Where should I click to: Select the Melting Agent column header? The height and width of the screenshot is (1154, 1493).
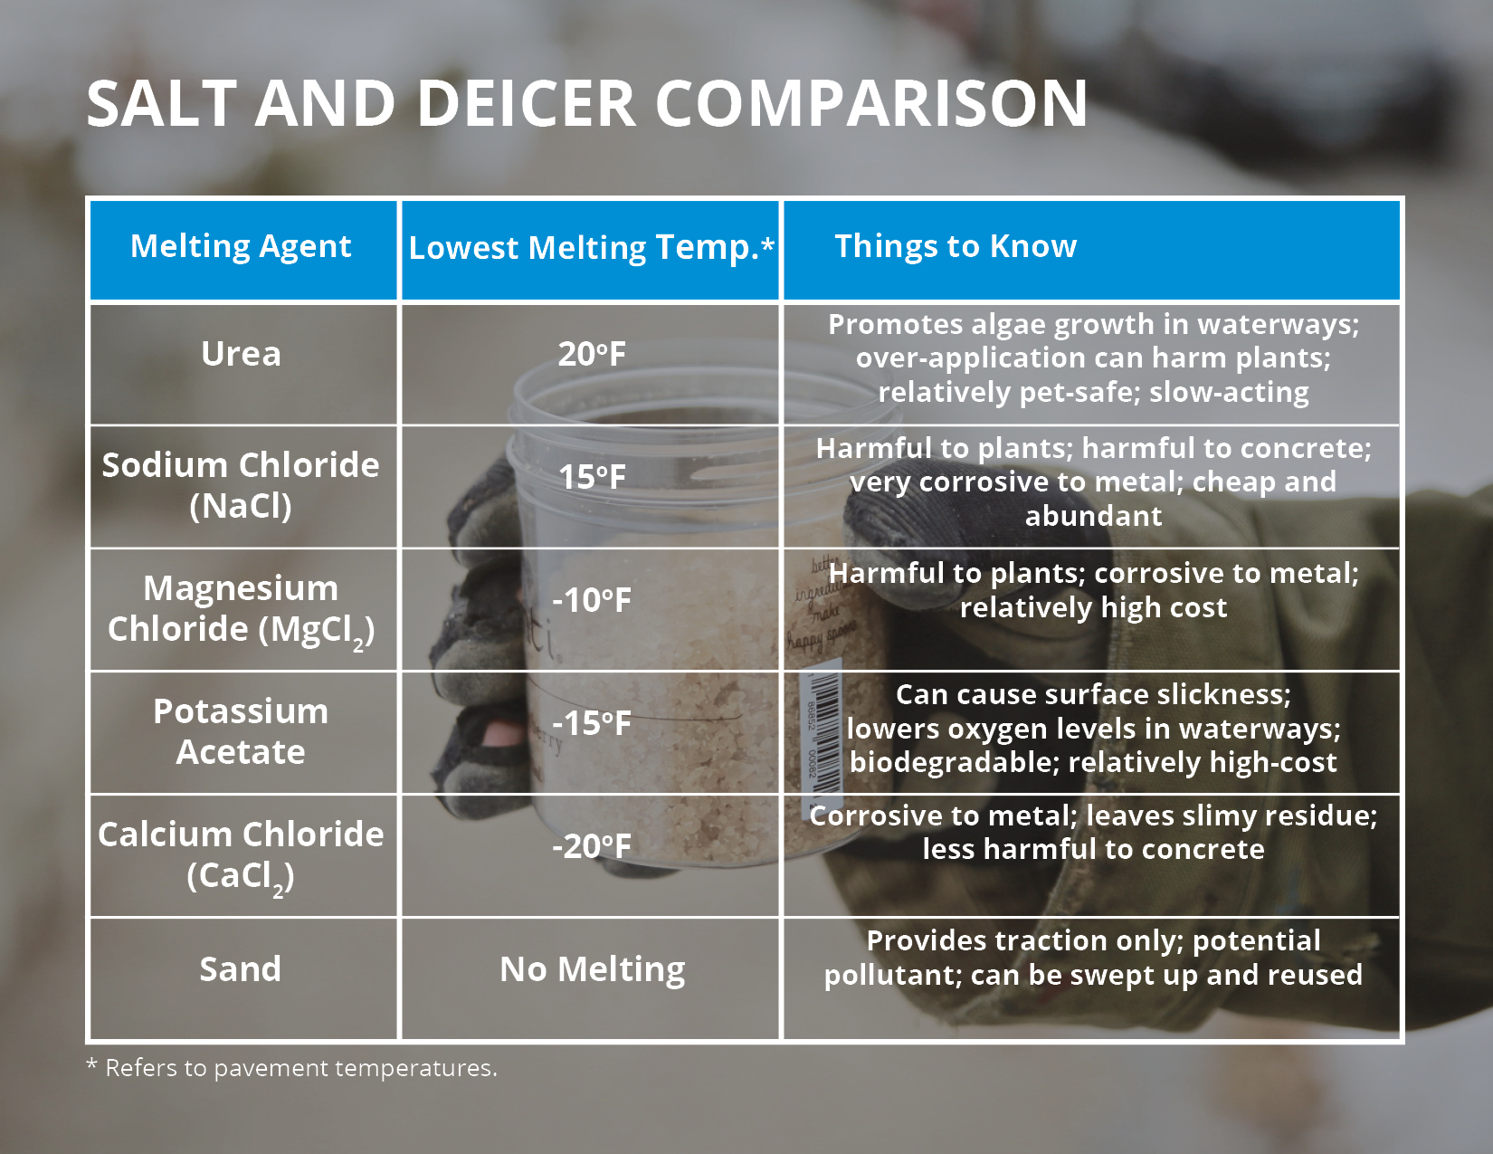point(241,246)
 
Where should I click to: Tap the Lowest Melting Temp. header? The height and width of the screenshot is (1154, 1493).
point(591,248)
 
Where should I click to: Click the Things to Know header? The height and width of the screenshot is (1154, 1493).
point(956,246)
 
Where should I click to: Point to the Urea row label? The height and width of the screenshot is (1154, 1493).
point(241,354)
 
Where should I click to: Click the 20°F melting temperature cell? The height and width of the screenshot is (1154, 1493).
point(591,354)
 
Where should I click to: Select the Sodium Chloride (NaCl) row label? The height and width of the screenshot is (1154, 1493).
point(241,484)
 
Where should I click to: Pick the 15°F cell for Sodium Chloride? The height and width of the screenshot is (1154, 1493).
point(591,477)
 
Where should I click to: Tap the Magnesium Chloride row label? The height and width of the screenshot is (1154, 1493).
point(241,608)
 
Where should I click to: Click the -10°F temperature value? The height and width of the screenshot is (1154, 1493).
point(591,600)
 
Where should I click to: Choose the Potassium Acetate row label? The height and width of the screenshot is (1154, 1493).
point(241,731)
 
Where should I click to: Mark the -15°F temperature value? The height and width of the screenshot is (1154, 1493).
point(591,723)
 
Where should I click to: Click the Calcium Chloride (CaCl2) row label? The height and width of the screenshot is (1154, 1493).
point(241,854)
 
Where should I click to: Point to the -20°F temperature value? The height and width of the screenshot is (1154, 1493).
point(591,846)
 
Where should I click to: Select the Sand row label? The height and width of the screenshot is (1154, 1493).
point(241,969)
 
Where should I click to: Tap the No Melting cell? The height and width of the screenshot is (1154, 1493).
point(593,969)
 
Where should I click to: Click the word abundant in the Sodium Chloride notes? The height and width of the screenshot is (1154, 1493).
point(1093,516)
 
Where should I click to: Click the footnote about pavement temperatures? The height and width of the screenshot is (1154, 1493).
point(292,1068)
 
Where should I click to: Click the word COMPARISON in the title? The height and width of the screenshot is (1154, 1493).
point(870,104)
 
